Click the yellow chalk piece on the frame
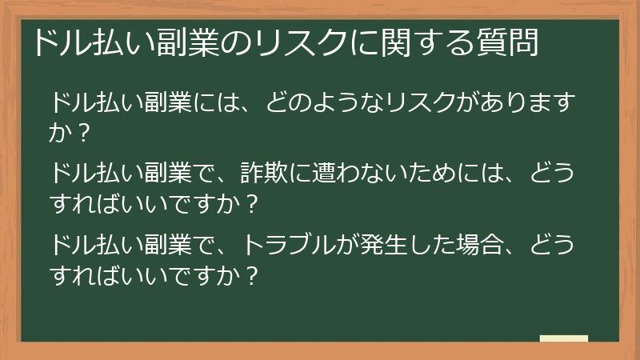(563, 339)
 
